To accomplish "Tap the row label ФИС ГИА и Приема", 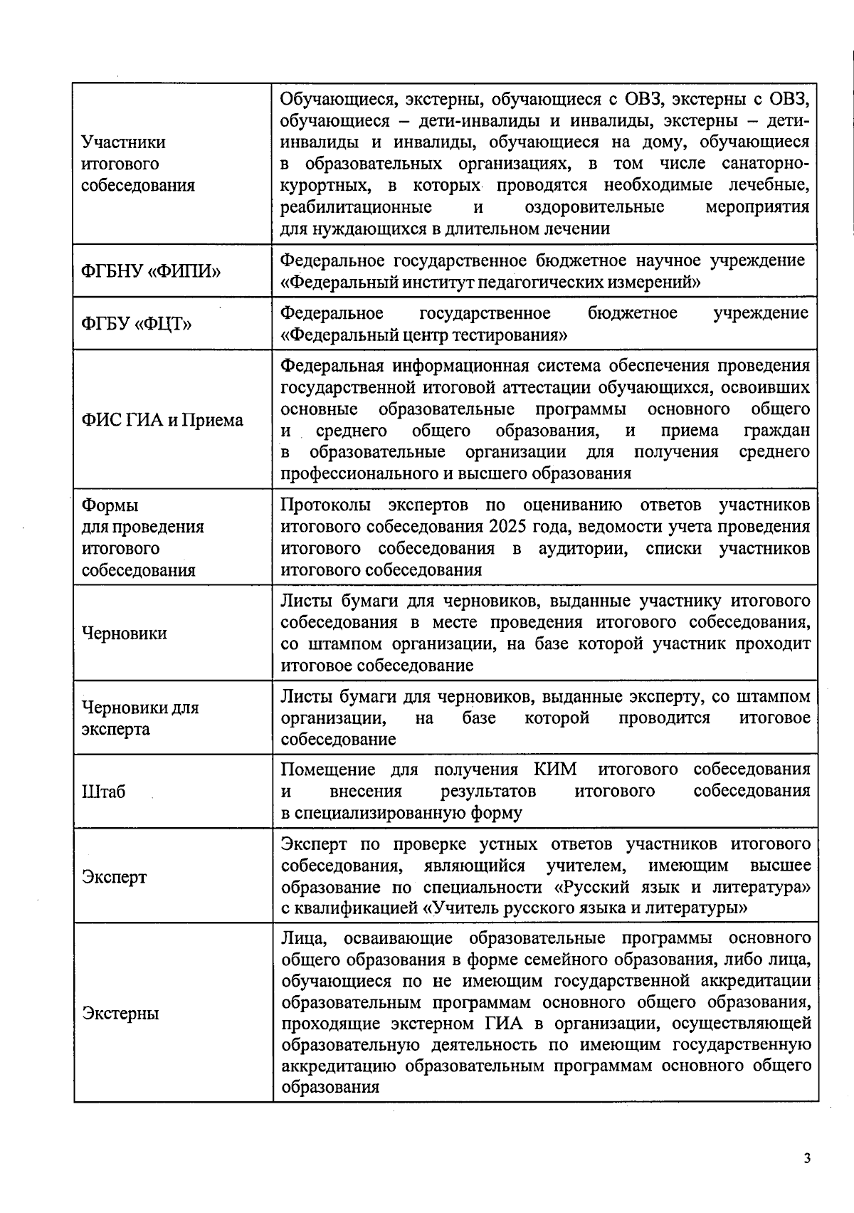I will click(x=163, y=420).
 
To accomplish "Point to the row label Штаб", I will click(x=104, y=792).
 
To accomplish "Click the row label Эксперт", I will click(x=115, y=876).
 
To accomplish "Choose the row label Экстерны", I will click(x=120, y=1013).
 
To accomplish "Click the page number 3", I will click(x=806, y=1157).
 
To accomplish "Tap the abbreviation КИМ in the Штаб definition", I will click(x=555, y=770).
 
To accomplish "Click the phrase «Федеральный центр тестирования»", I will click(x=424, y=335).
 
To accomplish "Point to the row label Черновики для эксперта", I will click(x=140, y=718).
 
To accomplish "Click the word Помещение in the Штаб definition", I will click(x=327, y=770).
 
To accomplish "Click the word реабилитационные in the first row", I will click(x=356, y=207).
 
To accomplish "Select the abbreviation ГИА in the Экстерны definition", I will click(x=505, y=1024).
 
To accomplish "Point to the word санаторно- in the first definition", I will click(x=765, y=164).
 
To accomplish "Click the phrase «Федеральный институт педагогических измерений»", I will click(x=491, y=283).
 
